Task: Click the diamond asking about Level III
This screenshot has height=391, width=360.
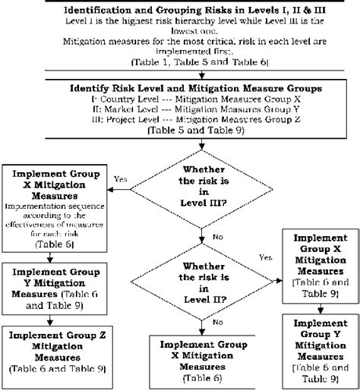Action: pos(201,188)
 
